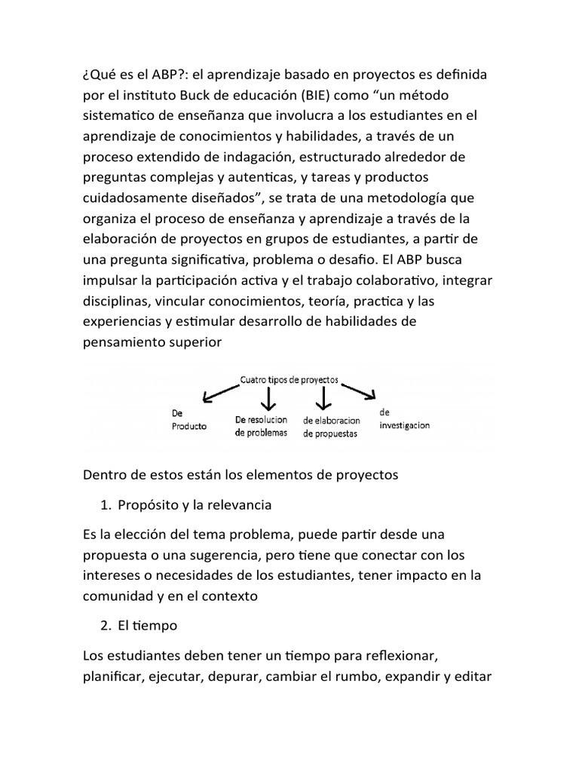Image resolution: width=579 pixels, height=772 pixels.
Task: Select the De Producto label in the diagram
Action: coord(187,419)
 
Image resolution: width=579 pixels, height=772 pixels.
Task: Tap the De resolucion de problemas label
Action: coord(261,426)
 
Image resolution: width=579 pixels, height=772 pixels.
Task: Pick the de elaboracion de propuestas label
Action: coord(332,426)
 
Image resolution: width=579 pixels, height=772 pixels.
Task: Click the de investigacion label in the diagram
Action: coord(405,419)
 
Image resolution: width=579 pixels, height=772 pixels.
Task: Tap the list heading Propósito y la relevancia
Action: coord(194,504)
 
